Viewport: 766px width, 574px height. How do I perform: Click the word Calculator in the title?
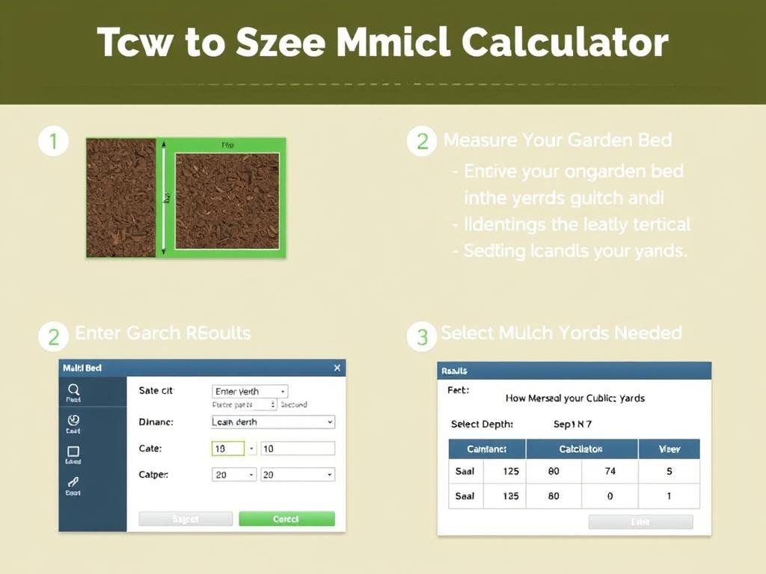click(x=565, y=43)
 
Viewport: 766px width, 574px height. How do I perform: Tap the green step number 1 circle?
click(x=53, y=141)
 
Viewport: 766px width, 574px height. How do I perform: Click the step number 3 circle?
click(x=422, y=336)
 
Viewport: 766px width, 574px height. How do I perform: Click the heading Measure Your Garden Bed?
click(x=557, y=140)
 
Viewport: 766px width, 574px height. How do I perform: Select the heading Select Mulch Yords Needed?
click(x=561, y=333)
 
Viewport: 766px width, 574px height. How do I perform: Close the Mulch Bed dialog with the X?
click(x=337, y=368)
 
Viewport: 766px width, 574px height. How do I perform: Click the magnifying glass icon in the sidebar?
click(x=73, y=389)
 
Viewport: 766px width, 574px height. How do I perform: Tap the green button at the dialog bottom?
click(x=287, y=519)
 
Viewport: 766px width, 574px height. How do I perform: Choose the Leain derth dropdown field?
click(x=273, y=422)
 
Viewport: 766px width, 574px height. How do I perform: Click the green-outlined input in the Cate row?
click(x=229, y=448)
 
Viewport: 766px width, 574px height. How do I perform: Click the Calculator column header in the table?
click(x=581, y=449)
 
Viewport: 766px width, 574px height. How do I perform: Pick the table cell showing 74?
click(x=610, y=472)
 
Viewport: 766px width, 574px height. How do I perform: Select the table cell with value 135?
click(x=511, y=496)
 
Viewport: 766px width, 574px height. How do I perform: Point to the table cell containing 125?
click(x=511, y=472)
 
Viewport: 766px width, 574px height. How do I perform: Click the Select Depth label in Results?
click(x=482, y=424)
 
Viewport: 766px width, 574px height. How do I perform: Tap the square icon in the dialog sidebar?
click(x=73, y=451)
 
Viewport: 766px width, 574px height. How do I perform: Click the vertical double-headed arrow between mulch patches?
click(x=165, y=197)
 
